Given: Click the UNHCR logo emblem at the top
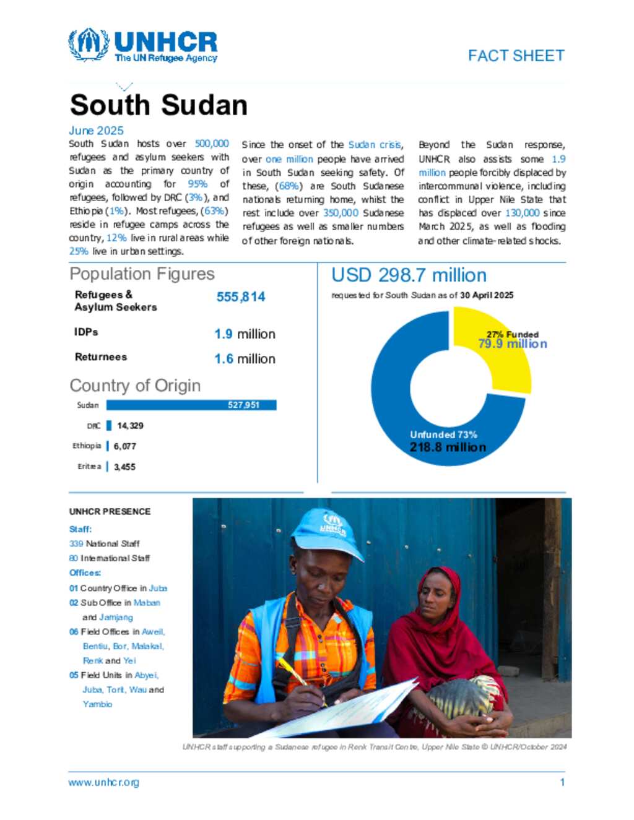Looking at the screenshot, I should coord(88,45).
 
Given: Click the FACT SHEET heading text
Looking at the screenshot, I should coord(516,56).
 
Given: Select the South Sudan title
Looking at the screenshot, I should coord(158,105).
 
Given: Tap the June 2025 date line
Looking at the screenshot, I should coord(96,131).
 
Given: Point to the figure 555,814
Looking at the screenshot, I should coord(240,297).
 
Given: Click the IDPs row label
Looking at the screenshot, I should coord(86,332).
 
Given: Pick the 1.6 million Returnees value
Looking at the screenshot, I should coord(245,359).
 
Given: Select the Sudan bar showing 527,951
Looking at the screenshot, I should coord(191,405).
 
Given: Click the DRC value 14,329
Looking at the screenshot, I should coord(130,426).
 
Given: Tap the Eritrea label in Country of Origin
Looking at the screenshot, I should coord(89,467).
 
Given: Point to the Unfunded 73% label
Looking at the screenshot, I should coord(443,435).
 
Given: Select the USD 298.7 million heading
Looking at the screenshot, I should coord(409,275).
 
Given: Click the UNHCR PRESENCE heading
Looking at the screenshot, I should coord(110,512).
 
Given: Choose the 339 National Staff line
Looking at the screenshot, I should coord(104,543).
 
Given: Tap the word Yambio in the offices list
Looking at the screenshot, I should coord(98,704).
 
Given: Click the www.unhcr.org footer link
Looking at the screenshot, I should coord(103,782).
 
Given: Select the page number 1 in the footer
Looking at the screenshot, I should coord(562,782).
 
